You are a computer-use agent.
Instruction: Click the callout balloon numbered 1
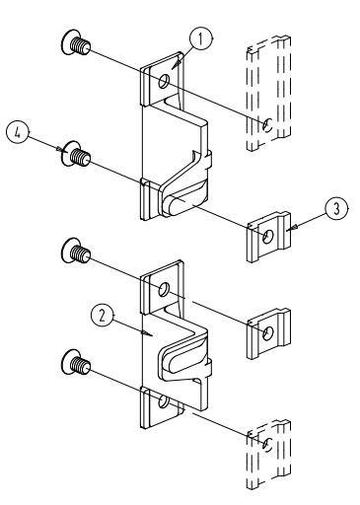point(201,38)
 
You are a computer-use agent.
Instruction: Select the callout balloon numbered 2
point(103,316)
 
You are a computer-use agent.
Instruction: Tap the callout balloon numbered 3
point(336,209)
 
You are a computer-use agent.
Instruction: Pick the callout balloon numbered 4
point(18,132)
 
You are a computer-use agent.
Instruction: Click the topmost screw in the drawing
point(76,42)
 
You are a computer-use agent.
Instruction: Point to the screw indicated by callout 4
point(76,154)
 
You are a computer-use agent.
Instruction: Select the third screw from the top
point(76,251)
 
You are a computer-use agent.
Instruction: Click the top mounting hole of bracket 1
point(164,81)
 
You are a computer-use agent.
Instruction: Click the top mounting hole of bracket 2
point(164,289)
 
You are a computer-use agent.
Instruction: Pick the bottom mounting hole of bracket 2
point(164,401)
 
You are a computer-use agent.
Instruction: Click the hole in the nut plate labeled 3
point(268,236)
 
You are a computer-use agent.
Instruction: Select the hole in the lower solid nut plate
point(268,333)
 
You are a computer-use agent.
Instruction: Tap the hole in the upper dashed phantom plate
point(267,124)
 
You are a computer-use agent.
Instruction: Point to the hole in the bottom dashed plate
point(267,445)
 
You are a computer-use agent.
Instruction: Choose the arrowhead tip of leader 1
point(172,69)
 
